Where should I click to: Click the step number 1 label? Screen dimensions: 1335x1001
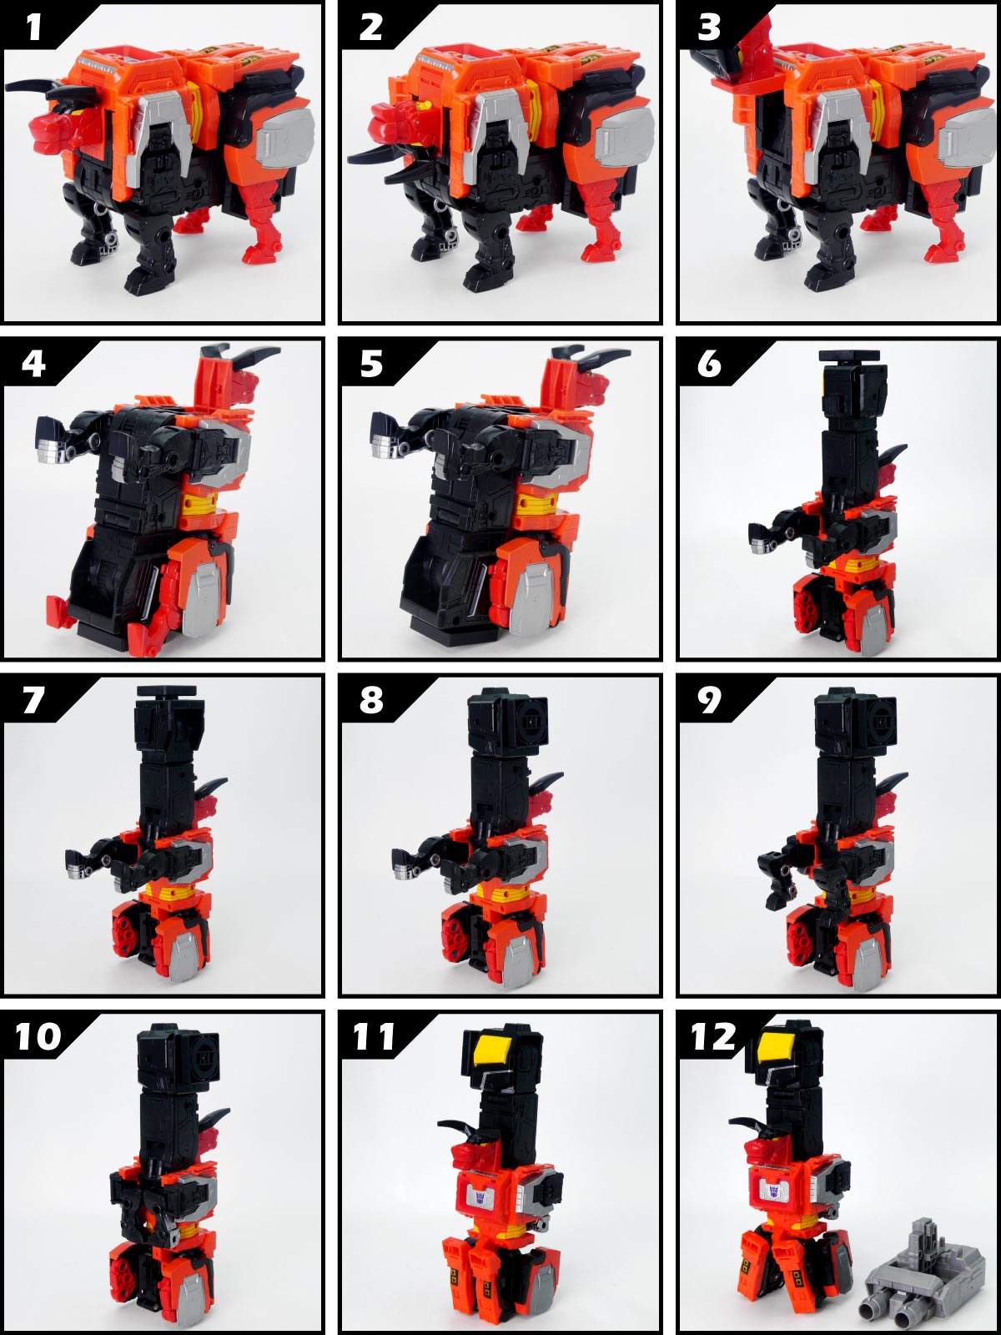coord(33,27)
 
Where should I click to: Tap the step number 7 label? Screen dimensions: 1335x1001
coord(33,699)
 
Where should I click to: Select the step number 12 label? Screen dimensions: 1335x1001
coord(714,1037)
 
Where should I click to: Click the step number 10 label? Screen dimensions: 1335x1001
coord(38,1037)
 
